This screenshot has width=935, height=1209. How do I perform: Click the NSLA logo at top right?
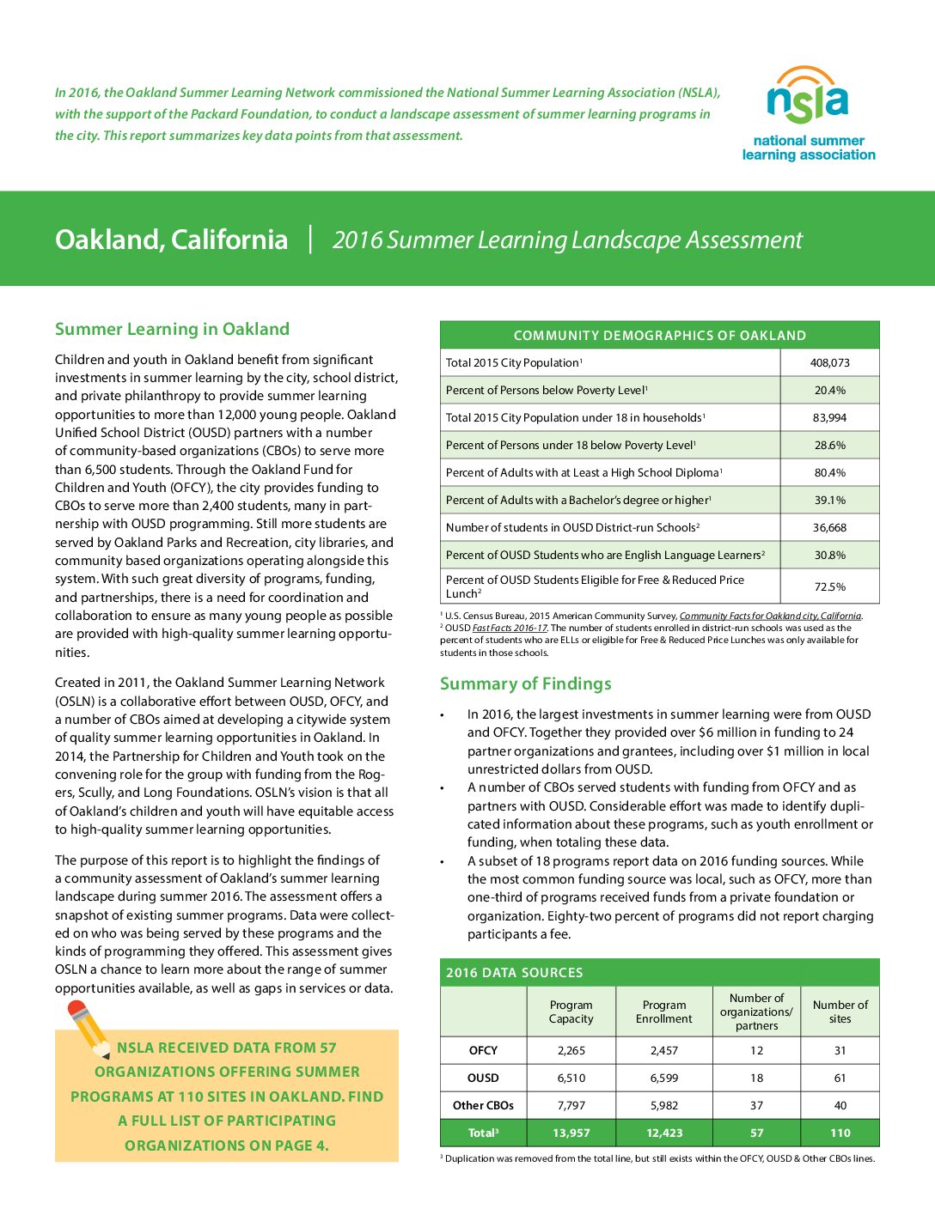pyautogui.click(x=808, y=114)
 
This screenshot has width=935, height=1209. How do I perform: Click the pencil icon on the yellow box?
pyautogui.click(x=89, y=1029)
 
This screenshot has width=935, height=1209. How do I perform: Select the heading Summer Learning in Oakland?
pyautogui.click(x=172, y=329)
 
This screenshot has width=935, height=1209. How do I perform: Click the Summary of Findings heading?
pyautogui.click(x=525, y=683)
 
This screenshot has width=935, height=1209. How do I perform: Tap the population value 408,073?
pyautogui.click(x=829, y=362)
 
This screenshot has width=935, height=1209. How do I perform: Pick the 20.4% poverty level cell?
pyautogui.click(x=829, y=390)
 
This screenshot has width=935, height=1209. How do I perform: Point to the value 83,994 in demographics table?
pyautogui.click(x=829, y=417)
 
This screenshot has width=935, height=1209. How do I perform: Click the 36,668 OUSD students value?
pyautogui.click(x=829, y=527)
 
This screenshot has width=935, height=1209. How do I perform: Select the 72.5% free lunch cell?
pyautogui.click(x=829, y=586)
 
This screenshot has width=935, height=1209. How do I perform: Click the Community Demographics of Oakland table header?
pyautogui.click(x=659, y=335)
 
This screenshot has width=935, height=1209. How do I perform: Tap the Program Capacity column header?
pyautogui.click(x=571, y=1012)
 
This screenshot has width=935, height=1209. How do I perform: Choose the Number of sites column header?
pyautogui.click(x=840, y=1012)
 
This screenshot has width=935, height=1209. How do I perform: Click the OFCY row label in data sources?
pyautogui.click(x=483, y=1050)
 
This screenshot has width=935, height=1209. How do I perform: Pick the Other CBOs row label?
pyautogui.click(x=483, y=1105)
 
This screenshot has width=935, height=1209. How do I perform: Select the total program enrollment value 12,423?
pyautogui.click(x=663, y=1133)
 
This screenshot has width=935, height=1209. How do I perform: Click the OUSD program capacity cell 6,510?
pyautogui.click(x=571, y=1078)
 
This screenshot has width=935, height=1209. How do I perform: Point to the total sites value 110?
pyautogui.click(x=840, y=1133)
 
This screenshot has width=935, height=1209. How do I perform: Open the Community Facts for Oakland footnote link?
pyautogui.click(x=769, y=616)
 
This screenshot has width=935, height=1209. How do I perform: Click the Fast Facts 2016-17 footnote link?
pyautogui.click(x=521, y=628)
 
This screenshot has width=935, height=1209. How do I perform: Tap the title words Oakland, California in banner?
pyautogui.click(x=171, y=239)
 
